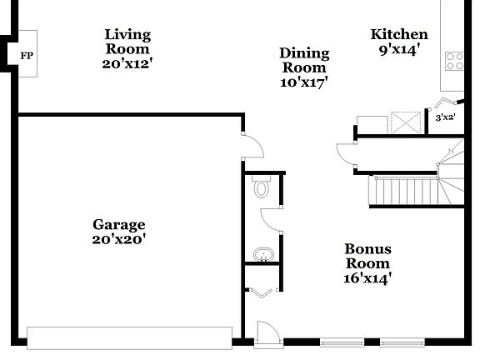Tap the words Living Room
tap(127, 41)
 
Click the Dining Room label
tap(304, 60)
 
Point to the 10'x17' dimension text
tap(304, 82)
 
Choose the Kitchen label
tap(399, 34)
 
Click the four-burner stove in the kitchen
tap(454, 60)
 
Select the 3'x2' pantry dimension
tap(445, 117)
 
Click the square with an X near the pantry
tap(407, 123)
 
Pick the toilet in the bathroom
tap(261, 187)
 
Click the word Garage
tap(118, 224)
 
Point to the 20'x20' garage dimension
tap(118, 239)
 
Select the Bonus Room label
tap(367, 256)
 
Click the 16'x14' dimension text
tap(367, 277)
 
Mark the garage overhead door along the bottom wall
tap(129, 337)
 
